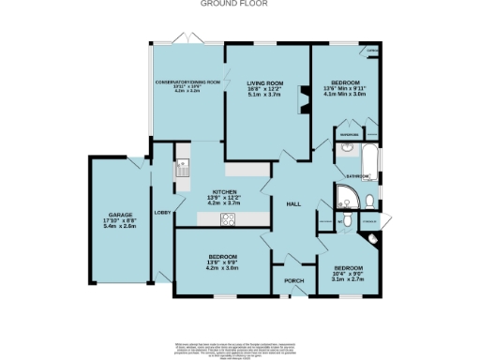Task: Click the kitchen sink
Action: click(182, 169)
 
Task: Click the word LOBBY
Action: click(161, 214)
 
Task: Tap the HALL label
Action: click(292, 203)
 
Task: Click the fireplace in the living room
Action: click(302, 97)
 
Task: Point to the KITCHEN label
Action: click(223, 191)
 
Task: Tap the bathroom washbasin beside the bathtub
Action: click(347, 148)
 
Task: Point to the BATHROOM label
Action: click(357, 175)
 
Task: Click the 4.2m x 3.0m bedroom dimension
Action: click(223, 268)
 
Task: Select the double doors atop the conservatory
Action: click(187, 40)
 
